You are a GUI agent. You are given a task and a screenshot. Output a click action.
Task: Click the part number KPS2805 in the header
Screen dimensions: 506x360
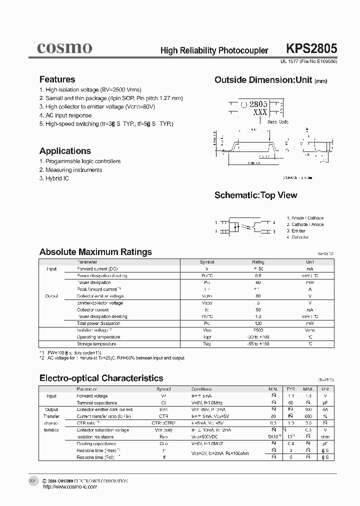(x=311, y=49)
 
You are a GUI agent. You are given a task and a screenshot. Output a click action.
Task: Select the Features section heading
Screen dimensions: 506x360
(x=57, y=79)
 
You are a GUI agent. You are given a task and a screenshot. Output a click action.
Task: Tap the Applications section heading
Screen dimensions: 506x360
(x=65, y=151)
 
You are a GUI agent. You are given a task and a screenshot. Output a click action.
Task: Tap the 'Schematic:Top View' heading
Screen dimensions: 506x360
(x=255, y=195)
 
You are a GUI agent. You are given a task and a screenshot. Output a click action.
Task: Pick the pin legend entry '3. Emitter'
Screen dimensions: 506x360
(x=295, y=231)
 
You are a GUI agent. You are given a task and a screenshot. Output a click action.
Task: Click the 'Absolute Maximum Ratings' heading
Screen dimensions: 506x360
(x=95, y=252)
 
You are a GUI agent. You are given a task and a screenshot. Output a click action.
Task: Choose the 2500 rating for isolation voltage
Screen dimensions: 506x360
(x=258, y=330)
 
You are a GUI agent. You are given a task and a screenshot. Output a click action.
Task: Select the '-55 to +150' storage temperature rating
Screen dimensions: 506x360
(x=258, y=344)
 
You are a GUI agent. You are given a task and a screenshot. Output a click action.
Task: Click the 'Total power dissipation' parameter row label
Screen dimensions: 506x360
(x=98, y=323)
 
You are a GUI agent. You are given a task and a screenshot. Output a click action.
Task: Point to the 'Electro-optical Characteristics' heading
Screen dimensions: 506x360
(x=101, y=378)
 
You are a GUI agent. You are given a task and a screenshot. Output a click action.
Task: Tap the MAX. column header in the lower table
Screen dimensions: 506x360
(x=308, y=389)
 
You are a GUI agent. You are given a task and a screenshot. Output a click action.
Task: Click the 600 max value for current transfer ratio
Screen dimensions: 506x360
(x=308, y=416)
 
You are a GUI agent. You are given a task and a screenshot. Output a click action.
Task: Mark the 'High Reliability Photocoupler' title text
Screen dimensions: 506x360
(x=214, y=50)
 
